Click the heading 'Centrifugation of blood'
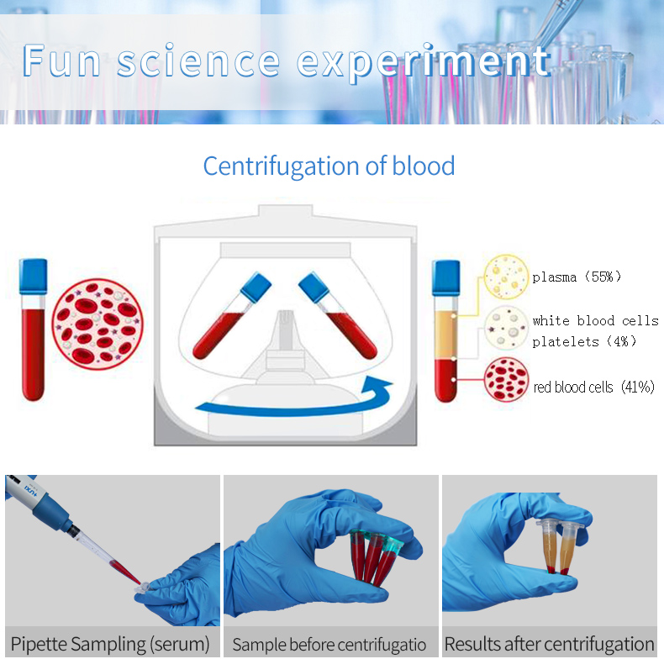(x=329, y=166)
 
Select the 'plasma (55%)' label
(x=577, y=277)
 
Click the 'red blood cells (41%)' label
(x=593, y=387)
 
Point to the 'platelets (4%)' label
(x=584, y=341)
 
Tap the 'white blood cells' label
(x=595, y=320)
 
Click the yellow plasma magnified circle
(x=507, y=277)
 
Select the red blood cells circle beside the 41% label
(x=507, y=380)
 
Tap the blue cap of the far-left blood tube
(x=34, y=276)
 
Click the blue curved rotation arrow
(x=294, y=402)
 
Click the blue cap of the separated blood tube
(x=445, y=276)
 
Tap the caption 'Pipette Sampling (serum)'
(x=110, y=644)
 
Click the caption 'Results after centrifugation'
(x=550, y=644)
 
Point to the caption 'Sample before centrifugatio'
(x=329, y=645)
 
